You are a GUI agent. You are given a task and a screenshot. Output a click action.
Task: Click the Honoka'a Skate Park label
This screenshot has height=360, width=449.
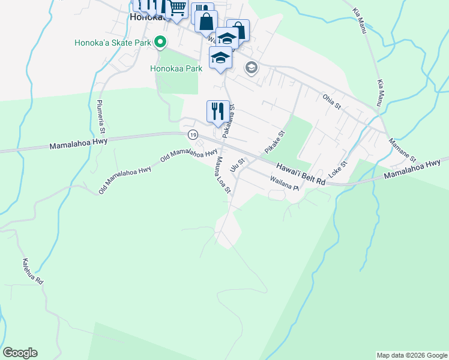click(112, 43)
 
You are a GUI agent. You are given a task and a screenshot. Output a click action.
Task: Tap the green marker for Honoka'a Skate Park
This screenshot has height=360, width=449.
click(160, 43)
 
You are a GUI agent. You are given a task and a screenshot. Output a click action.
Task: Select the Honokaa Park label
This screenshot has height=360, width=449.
click(176, 68)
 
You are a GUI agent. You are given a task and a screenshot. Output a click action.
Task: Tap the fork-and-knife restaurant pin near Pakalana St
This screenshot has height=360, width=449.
click(217, 111)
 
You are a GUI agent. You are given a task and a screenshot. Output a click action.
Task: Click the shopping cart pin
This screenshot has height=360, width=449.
click(177, 9)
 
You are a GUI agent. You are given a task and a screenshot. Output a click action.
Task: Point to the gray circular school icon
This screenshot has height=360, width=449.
click(251, 68)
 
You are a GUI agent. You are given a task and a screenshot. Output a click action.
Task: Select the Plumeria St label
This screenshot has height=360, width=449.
click(102, 116)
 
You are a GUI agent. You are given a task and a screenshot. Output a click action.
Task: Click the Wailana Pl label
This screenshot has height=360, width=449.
click(285, 183)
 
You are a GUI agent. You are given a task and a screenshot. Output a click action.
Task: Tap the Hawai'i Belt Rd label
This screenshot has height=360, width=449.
click(300, 173)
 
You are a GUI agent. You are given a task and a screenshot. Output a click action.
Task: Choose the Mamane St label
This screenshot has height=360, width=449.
click(402, 151)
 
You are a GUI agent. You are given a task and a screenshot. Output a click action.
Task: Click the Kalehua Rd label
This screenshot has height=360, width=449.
click(32, 272)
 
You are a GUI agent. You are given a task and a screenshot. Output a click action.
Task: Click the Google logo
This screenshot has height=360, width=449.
click(20, 353)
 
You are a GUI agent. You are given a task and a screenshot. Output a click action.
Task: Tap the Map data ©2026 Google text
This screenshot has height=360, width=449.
click(412, 355)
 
